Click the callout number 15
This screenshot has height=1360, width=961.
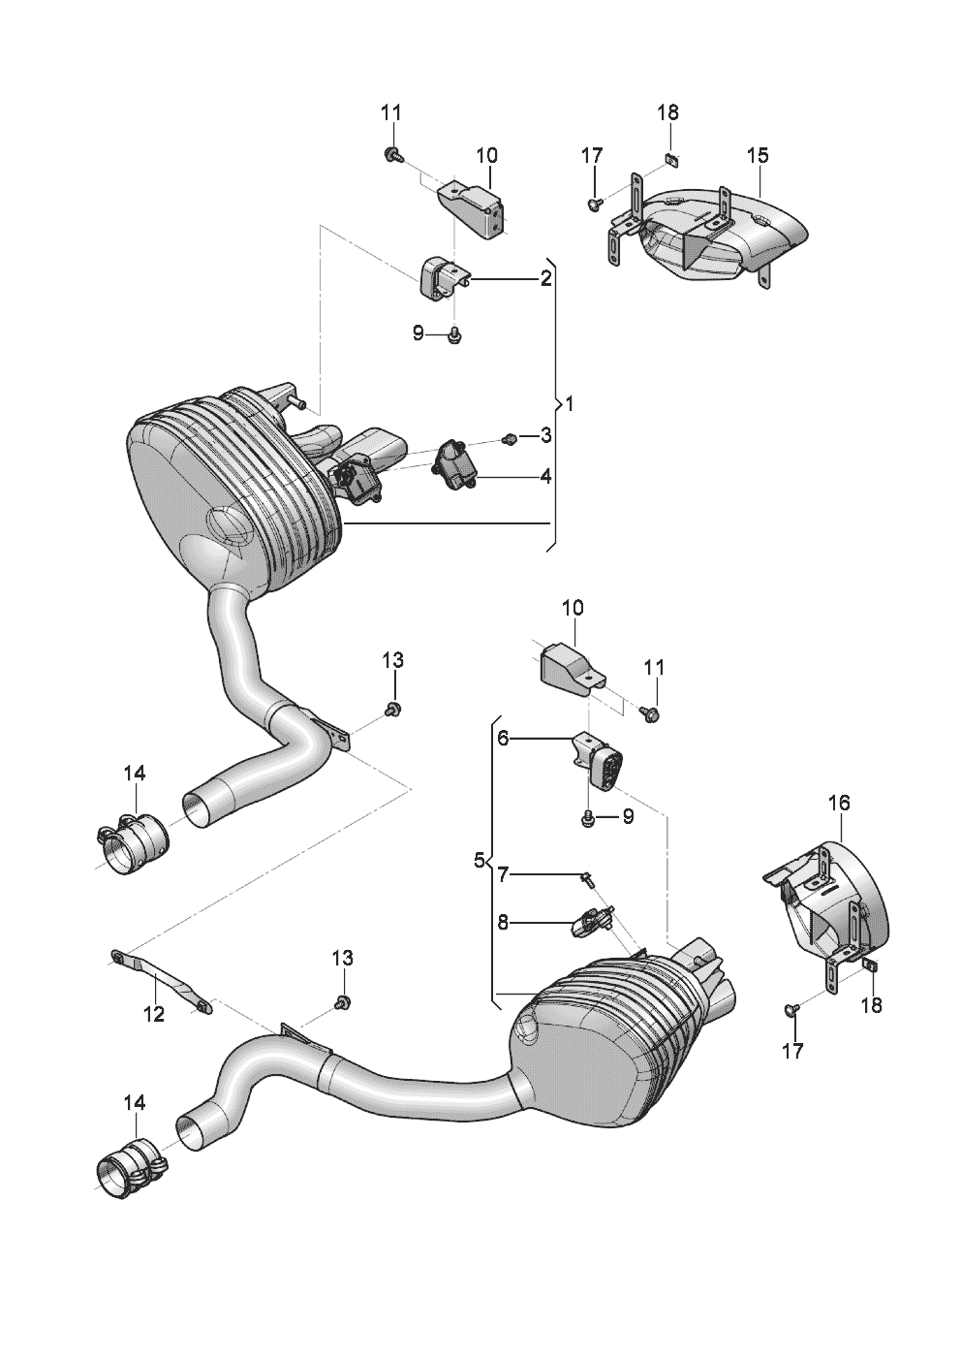pyautogui.click(x=758, y=155)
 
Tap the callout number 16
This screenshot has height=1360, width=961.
pyautogui.click(x=839, y=803)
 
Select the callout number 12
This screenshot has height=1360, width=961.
pyautogui.click(x=154, y=1014)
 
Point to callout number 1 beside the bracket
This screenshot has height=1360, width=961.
pyautogui.click(x=570, y=403)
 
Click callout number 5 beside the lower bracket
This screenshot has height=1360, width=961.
pyautogui.click(x=479, y=860)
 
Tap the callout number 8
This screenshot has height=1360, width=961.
pyautogui.click(x=503, y=923)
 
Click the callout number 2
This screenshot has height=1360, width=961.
pyautogui.click(x=546, y=279)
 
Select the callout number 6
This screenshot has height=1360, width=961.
pyautogui.click(x=503, y=739)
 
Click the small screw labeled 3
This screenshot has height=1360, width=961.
pyautogui.click(x=509, y=440)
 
